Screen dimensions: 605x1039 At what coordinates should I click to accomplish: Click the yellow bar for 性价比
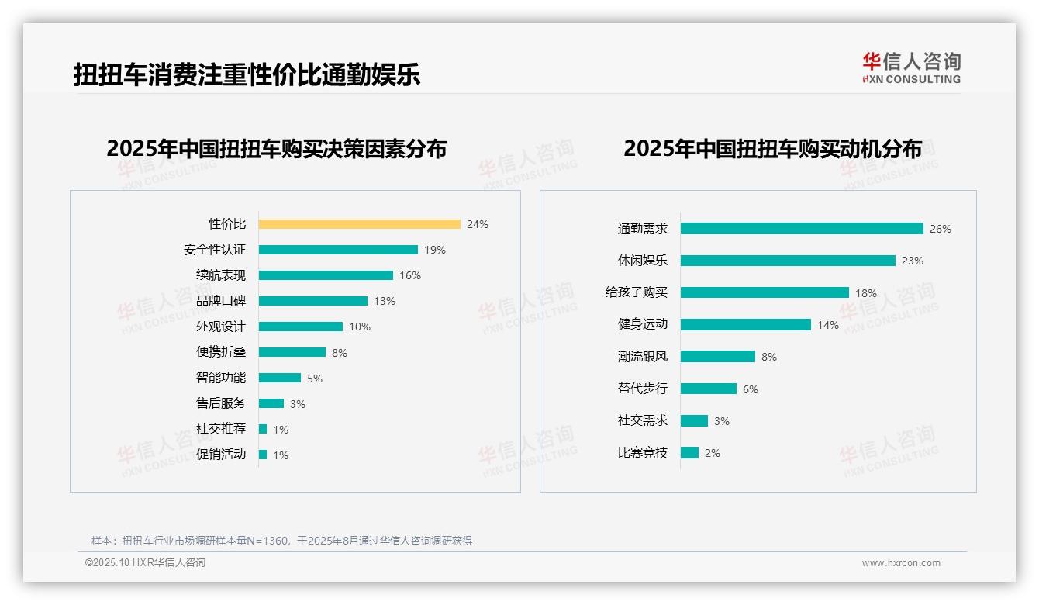[x=359, y=224]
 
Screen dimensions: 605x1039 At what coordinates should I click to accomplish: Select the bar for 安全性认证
[x=338, y=250]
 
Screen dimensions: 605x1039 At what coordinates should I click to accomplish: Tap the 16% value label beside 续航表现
[x=410, y=275]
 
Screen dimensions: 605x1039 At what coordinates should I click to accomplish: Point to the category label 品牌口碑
[x=221, y=301]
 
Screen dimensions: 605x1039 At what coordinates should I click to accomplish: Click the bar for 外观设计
[x=301, y=327]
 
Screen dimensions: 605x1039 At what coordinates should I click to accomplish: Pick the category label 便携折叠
[x=221, y=352]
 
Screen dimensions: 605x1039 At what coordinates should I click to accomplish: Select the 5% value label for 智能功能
[x=314, y=379]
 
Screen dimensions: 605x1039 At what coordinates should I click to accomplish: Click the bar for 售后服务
[x=271, y=403]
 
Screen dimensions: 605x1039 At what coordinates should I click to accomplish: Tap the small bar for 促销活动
[x=263, y=455]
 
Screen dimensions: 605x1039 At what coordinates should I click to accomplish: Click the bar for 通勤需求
[x=802, y=229]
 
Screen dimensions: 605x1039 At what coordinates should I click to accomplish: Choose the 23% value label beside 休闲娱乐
[x=912, y=261]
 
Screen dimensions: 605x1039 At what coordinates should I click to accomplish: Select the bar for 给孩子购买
[x=765, y=292]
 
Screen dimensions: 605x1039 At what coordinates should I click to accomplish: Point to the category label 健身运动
[x=642, y=325]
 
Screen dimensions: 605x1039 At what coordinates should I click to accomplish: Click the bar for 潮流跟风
[x=718, y=357]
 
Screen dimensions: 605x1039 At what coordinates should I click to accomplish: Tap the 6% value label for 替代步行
[x=750, y=389]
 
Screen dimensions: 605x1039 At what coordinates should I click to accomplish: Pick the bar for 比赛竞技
[x=689, y=453]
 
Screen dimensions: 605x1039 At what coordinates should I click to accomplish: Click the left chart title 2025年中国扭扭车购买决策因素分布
[x=276, y=149]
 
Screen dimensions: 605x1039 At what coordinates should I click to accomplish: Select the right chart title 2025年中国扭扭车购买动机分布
[x=772, y=149]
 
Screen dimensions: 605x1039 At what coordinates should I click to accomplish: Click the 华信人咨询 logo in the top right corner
[x=911, y=67]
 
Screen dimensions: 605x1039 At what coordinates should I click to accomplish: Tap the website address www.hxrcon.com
[x=901, y=563]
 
